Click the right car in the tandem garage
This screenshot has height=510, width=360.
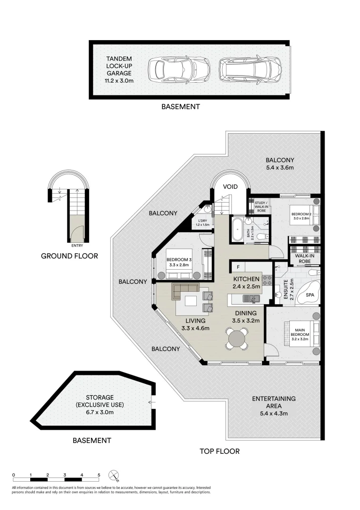[x=250, y=70]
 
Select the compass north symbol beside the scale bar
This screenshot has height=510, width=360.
[x=114, y=475]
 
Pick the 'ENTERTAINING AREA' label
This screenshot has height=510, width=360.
[x=274, y=402]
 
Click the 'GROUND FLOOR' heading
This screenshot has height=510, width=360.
[x=69, y=256]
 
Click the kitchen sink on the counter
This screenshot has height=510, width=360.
[x=250, y=298]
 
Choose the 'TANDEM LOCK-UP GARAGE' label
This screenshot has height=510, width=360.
[x=119, y=70]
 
